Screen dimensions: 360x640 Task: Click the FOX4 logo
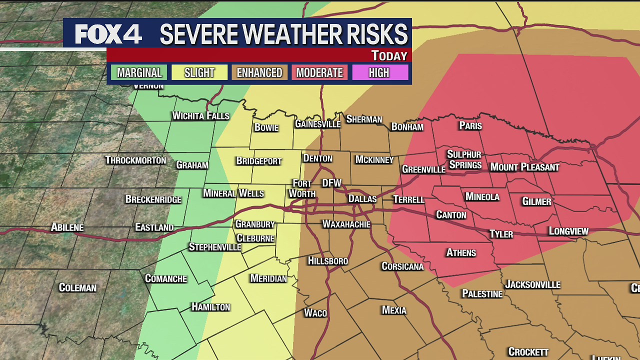[108, 34]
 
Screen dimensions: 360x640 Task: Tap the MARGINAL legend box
[139, 73]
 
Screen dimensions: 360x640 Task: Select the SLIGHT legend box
[199, 73]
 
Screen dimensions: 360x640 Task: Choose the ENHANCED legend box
[259, 73]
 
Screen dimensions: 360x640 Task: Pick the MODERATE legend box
[319, 73]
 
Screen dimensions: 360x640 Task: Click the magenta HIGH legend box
[379, 73]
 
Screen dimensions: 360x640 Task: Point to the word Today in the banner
[389, 55]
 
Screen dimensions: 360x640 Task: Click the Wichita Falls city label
[200, 116]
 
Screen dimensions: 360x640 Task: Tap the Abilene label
[67, 227]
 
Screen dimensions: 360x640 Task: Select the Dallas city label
[362, 199]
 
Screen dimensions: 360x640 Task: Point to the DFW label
[331, 183]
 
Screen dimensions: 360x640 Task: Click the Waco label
[315, 313]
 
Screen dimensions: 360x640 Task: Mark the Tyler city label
[501, 234]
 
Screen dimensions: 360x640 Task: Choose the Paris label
[470, 125]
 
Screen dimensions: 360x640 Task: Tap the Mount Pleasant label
[524, 167]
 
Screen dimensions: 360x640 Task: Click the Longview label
[568, 231]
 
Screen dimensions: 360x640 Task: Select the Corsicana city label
[402, 266]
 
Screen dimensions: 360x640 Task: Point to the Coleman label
[77, 287]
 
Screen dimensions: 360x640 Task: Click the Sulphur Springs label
[464, 159]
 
